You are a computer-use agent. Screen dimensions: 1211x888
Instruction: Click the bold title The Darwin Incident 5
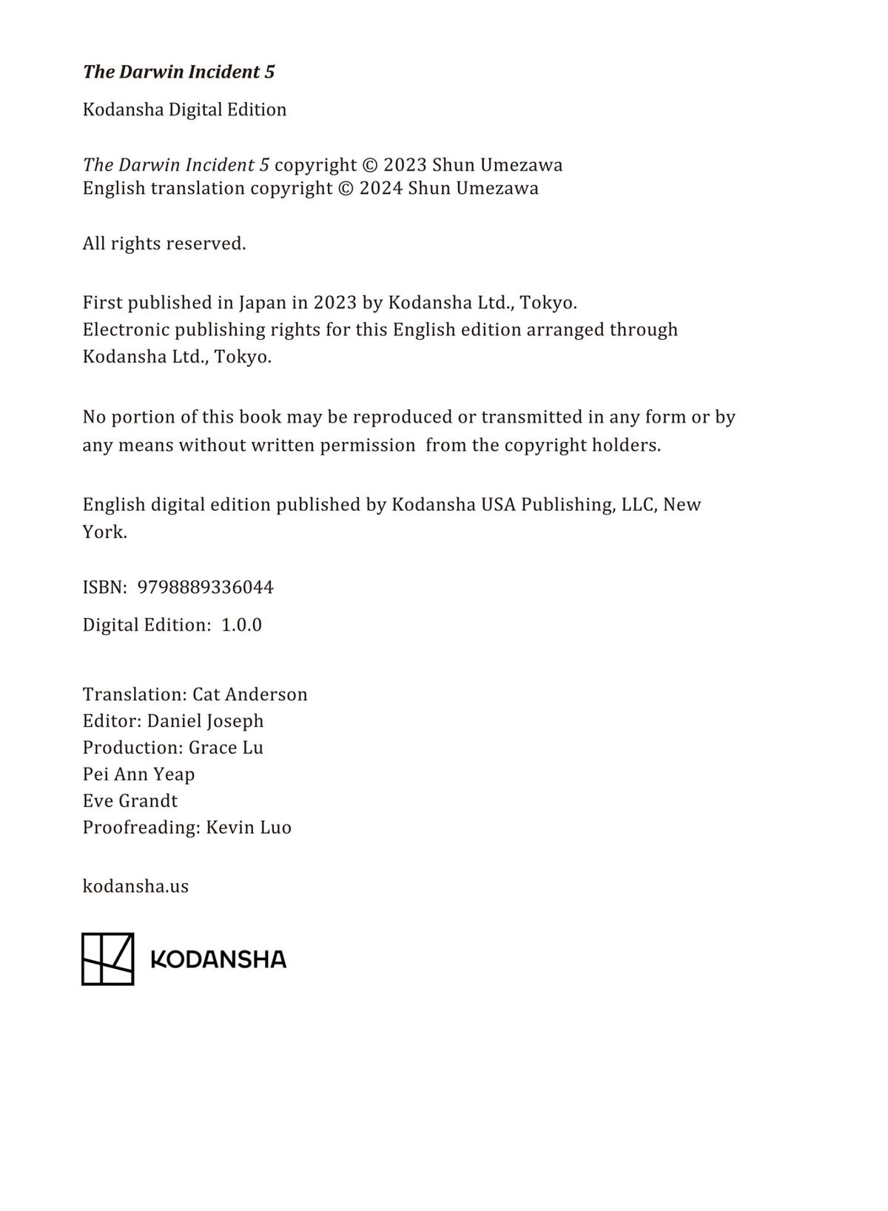pyautogui.click(x=178, y=72)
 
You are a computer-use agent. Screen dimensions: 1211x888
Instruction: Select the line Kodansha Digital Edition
pyautogui.click(x=184, y=110)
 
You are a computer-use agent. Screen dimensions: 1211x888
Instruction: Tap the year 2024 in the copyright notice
pyautogui.click(x=380, y=188)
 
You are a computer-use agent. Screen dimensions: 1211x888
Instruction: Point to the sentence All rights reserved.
pyautogui.click(x=164, y=244)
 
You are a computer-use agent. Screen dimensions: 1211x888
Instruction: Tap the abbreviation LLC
pyautogui.click(x=639, y=505)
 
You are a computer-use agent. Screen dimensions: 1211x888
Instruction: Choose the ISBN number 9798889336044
pyautogui.click(x=206, y=587)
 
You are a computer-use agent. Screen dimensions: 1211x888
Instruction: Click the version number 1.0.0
pyautogui.click(x=242, y=625)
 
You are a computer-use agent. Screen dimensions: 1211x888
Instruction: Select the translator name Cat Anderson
pyautogui.click(x=250, y=694)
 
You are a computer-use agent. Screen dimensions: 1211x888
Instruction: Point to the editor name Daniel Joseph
pyautogui.click(x=205, y=721)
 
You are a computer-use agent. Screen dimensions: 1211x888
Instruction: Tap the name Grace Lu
pyautogui.click(x=226, y=748)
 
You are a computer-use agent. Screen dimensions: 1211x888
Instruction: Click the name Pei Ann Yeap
pyautogui.click(x=138, y=774)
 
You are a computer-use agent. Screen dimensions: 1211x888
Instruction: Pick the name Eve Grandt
pyautogui.click(x=130, y=801)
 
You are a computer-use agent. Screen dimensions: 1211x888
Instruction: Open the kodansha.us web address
pyautogui.click(x=135, y=886)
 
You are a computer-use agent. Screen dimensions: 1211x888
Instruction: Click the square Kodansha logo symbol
pyautogui.click(x=107, y=959)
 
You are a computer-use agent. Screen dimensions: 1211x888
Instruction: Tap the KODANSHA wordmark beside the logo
pyautogui.click(x=218, y=959)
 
